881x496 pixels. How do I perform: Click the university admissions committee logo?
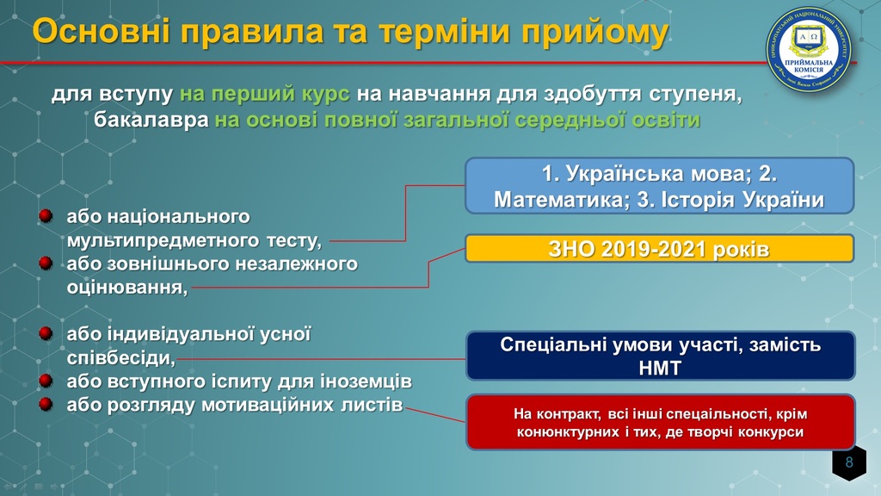point(809,49)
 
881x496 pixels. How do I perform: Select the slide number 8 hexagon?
point(849,462)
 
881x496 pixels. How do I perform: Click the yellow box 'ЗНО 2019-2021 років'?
point(660,249)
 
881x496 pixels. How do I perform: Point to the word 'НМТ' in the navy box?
point(660,369)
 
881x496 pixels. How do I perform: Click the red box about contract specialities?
point(660,422)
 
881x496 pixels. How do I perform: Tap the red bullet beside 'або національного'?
point(46,216)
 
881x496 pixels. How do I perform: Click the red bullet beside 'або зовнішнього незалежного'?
point(46,263)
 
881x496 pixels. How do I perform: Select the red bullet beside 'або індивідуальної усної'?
point(46,333)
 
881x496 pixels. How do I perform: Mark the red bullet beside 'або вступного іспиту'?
point(46,381)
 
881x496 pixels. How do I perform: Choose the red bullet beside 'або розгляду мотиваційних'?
point(46,405)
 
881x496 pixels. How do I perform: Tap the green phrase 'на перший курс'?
point(265,94)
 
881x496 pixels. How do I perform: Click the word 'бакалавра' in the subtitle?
point(151,120)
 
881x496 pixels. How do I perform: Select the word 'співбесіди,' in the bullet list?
point(121,357)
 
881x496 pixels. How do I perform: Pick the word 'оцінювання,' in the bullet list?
point(127,288)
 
